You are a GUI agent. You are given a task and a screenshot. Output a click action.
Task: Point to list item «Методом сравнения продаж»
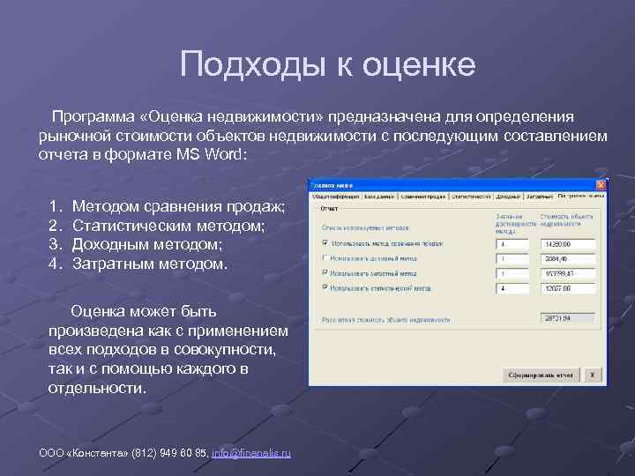click(178, 207)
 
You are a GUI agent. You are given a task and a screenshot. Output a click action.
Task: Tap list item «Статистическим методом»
click(168, 226)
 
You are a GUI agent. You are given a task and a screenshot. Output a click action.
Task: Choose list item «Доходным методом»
click(146, 244)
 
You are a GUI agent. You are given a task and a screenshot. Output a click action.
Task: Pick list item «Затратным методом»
click(149, 263)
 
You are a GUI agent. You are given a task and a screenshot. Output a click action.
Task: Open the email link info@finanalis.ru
click(251, 453)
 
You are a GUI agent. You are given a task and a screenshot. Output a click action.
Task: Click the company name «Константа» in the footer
click(98, 453)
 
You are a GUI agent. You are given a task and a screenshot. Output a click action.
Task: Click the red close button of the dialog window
click(601, 185)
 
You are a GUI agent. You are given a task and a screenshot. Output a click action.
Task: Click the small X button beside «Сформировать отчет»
click(593, 375)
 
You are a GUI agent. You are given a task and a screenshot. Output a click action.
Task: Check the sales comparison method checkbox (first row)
click(325, 243)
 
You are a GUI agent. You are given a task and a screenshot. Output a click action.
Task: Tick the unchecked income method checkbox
click(325, 258)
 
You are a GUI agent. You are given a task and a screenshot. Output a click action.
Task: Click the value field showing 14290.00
click(568, 244)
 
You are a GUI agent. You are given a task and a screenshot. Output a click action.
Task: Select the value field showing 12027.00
click(568, 287)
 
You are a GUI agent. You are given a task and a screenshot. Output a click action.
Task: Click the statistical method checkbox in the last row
click(325, 287)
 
